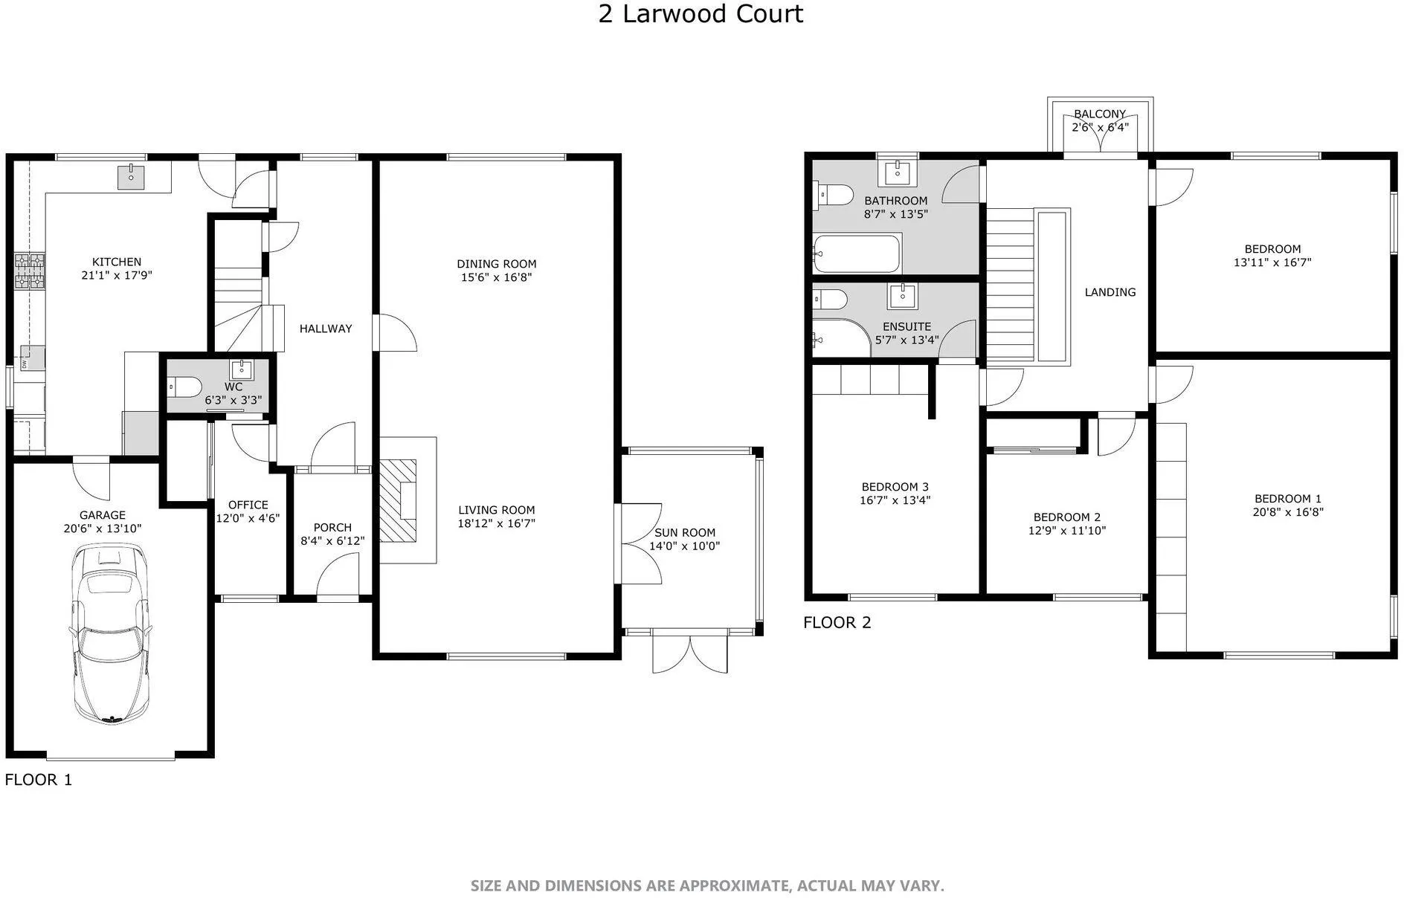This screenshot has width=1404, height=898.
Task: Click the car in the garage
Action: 111,633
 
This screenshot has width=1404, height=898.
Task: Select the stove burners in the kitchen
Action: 30,271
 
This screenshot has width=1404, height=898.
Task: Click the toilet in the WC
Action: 184,387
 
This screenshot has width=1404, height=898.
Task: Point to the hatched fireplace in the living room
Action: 399,500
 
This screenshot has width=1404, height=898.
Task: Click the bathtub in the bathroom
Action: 857,253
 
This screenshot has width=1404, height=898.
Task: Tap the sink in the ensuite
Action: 903,296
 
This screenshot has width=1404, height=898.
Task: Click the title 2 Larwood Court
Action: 701,14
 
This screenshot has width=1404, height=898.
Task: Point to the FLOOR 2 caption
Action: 837,623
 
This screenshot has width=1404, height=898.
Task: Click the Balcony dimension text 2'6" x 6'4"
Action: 1100,127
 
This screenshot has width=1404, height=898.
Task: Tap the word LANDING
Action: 1110,292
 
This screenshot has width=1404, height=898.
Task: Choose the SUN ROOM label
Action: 685,532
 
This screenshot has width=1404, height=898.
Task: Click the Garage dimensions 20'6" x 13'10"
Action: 103,529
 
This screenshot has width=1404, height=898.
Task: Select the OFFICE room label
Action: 248,505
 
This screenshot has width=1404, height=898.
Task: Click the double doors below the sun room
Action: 690,652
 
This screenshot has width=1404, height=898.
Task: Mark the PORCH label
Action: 332,527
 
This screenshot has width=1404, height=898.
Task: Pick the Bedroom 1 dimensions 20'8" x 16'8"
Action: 1288,511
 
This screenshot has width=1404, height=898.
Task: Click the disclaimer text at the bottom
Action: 707,885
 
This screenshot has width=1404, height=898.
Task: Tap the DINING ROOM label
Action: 496,264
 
